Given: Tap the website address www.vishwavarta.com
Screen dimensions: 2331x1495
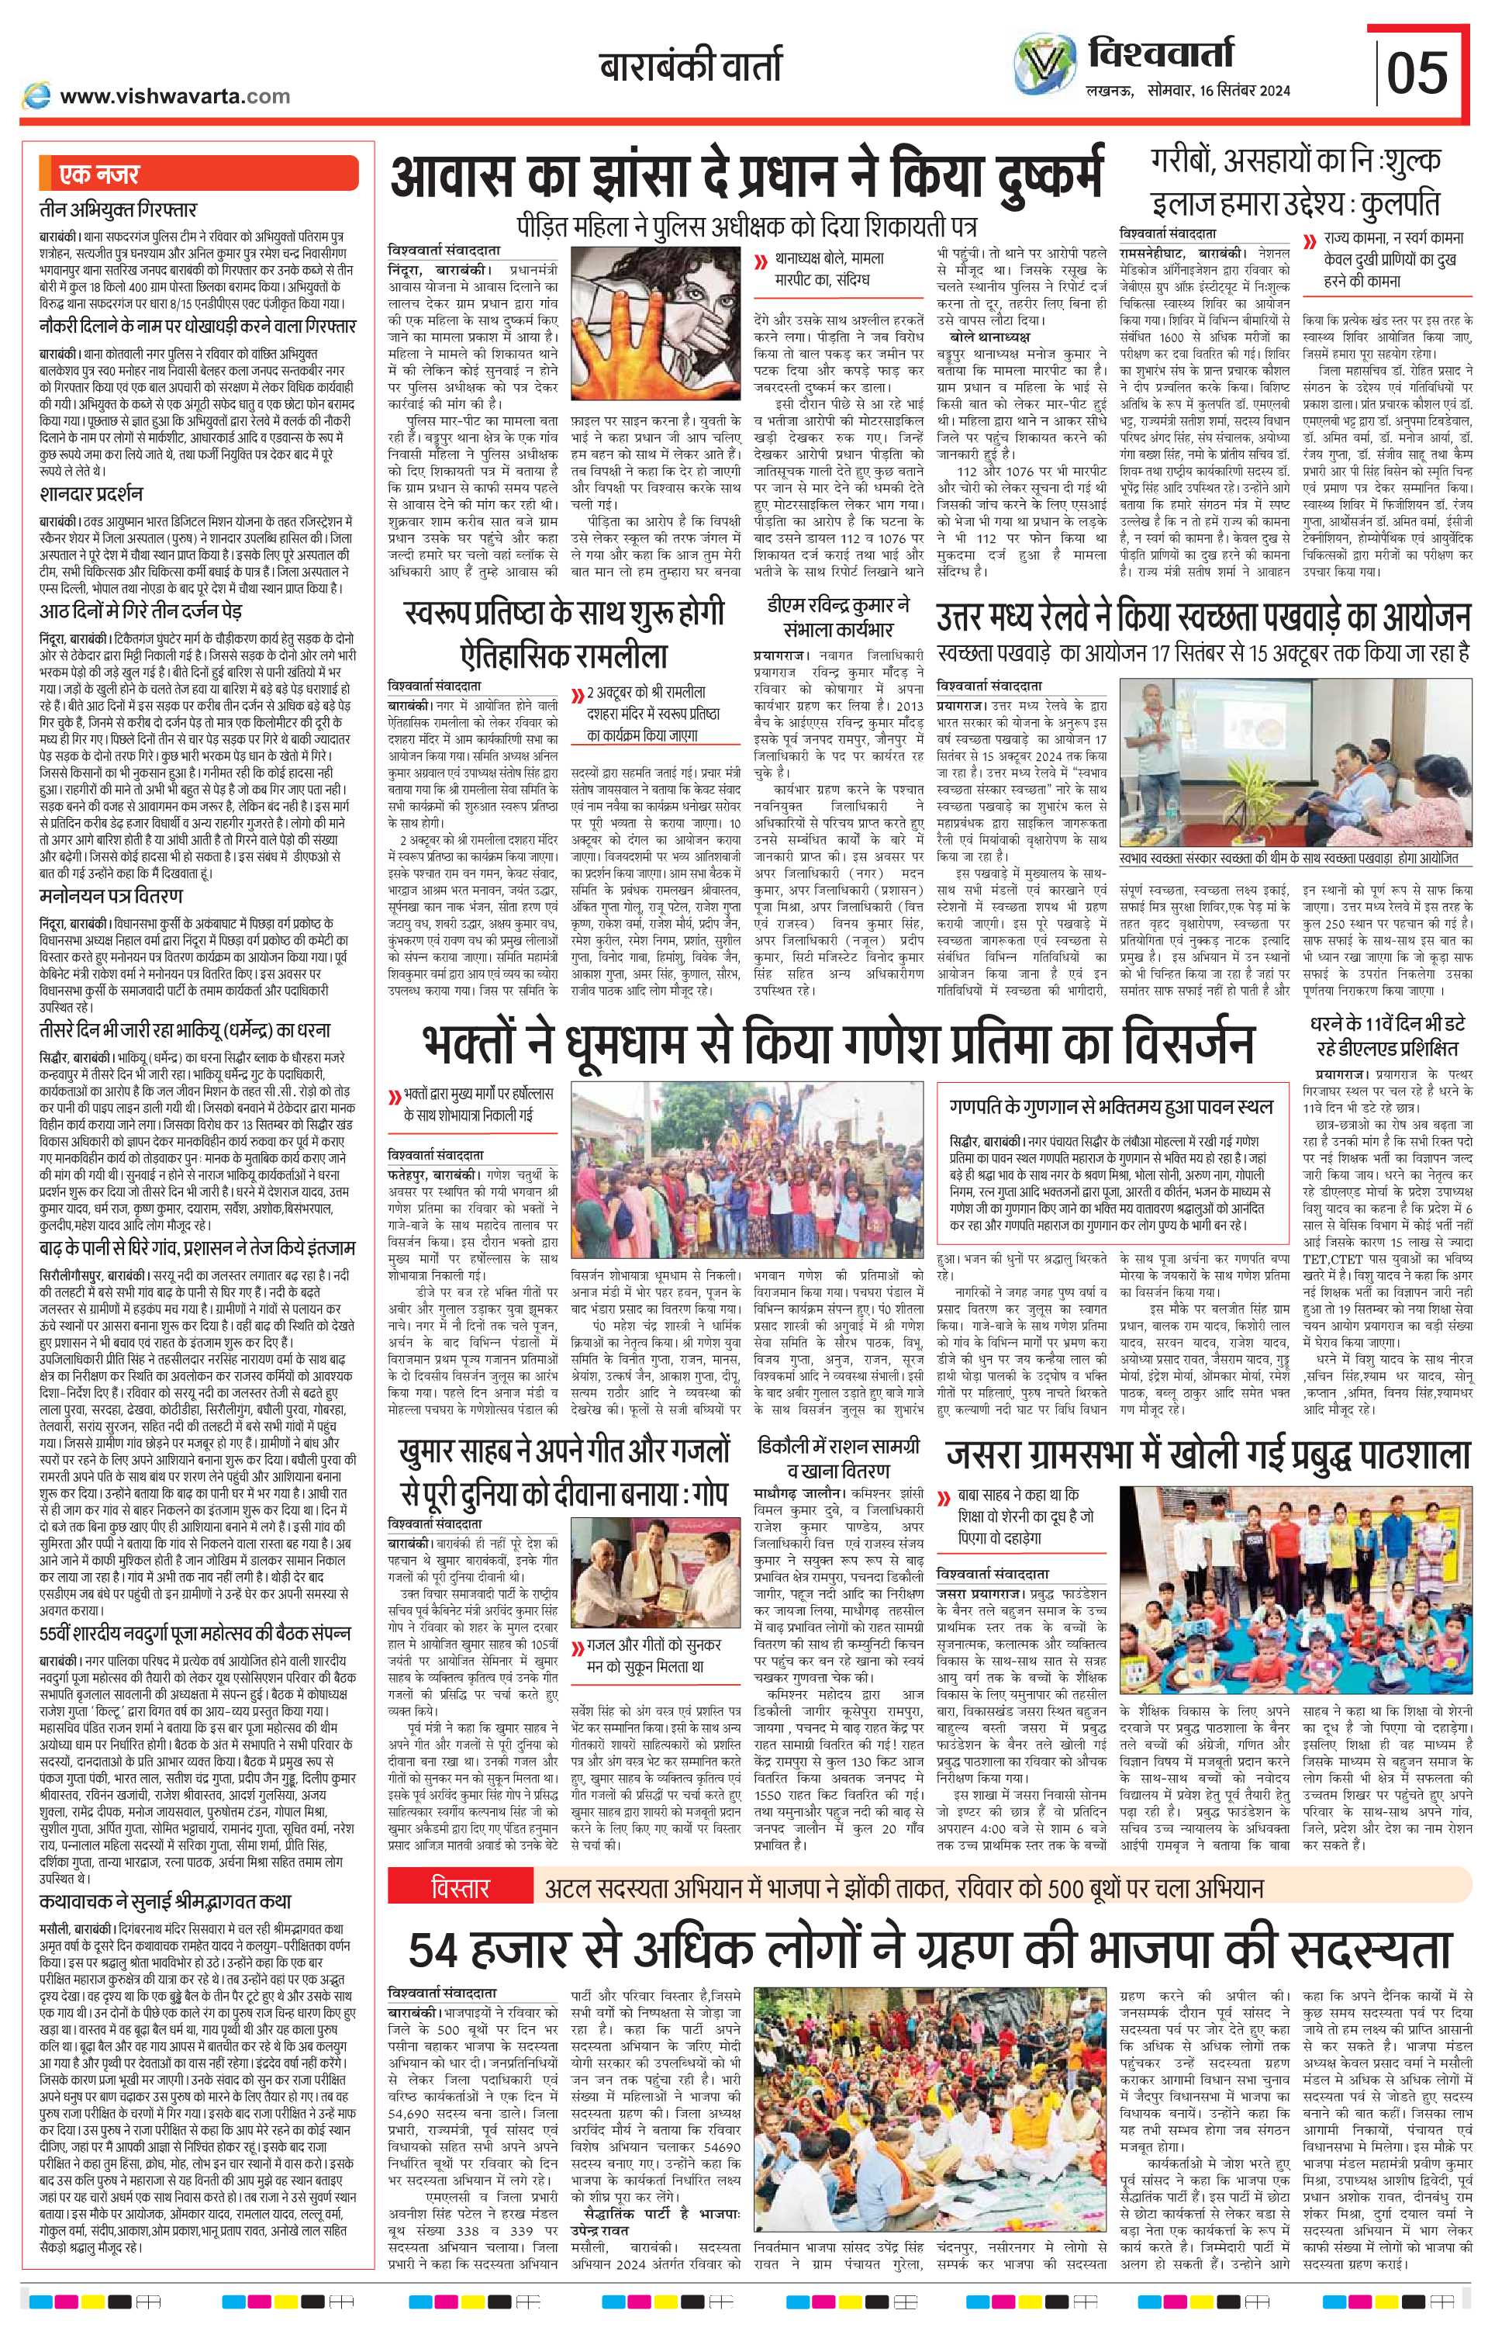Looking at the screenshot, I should [174, 96].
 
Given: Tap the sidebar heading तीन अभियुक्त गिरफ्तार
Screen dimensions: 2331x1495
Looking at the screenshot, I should [117, 209].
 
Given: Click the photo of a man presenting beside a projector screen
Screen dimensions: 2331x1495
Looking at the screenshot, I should [1292, 762].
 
